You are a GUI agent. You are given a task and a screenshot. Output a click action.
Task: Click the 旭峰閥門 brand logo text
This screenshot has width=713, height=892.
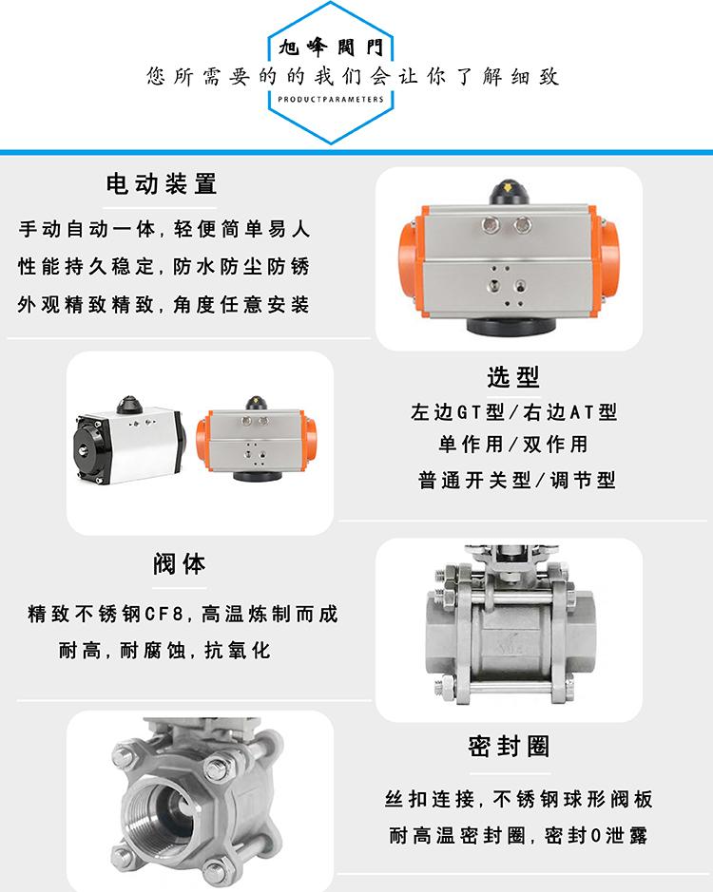point(331,47)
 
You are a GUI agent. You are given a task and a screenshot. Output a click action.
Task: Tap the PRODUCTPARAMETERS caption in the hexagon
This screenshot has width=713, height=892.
point(331,99)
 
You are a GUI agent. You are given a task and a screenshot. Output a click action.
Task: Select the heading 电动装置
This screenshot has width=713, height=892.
point(162,184)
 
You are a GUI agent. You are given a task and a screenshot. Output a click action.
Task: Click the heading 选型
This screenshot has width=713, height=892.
point(512,376)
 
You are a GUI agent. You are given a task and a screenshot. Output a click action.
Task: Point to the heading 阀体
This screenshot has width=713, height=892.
point(180,563)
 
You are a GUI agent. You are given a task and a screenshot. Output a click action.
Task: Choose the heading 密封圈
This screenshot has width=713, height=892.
point(510,747)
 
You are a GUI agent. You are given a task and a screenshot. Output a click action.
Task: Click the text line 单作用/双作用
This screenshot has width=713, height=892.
point(512,445)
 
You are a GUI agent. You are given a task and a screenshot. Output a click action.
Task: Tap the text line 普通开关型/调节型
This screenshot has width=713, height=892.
point(516,480)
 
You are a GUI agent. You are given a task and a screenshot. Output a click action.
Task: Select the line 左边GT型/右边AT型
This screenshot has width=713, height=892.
point(513,411)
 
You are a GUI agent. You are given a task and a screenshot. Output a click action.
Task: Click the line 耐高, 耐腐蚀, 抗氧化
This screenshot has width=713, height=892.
point(164,650)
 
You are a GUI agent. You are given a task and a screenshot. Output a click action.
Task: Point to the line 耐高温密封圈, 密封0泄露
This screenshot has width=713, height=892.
point(518,835)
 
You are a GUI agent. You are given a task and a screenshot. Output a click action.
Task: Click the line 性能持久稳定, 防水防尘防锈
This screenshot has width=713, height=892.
point(164,266)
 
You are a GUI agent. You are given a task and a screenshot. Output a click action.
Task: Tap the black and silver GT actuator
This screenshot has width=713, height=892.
point(129,439)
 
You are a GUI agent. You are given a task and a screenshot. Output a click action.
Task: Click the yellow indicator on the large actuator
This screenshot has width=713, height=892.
point(509,186)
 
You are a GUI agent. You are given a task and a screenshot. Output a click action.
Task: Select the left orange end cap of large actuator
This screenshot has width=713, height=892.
point(412,258)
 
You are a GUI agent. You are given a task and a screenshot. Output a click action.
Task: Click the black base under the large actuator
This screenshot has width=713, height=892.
point(511,326)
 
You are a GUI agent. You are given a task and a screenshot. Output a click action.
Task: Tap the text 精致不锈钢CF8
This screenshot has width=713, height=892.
point(106,614)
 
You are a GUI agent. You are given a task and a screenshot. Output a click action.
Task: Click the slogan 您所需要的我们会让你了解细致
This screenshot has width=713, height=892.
point(353,76)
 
